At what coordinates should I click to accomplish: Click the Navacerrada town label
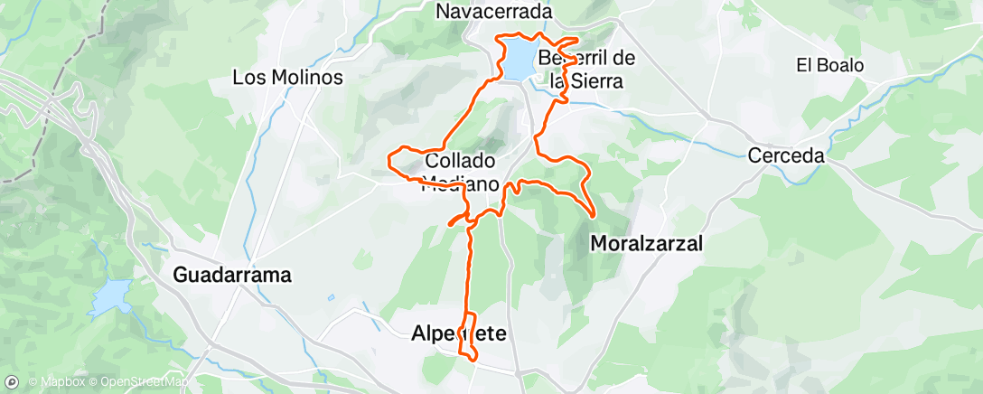pos(493,11)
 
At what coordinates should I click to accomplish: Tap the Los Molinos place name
pos(287,78)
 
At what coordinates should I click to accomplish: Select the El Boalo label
pos(829,65)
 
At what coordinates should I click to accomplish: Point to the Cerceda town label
pos(786,155)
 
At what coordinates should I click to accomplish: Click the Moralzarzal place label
pos(645,243)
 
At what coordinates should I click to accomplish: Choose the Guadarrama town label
pos(232,275)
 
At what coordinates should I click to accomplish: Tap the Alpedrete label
pos(458,333)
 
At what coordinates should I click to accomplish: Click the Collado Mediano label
pos(459,172)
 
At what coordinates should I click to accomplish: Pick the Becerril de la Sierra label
pos(586,69)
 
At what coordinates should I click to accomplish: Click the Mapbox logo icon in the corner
pos(11,380)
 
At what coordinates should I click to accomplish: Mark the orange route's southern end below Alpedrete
pos(473,359)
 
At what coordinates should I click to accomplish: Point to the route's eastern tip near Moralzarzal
pos(593,215)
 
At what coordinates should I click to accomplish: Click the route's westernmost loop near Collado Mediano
pos(391,160)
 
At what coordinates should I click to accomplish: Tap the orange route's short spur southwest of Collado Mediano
pos(451,222)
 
